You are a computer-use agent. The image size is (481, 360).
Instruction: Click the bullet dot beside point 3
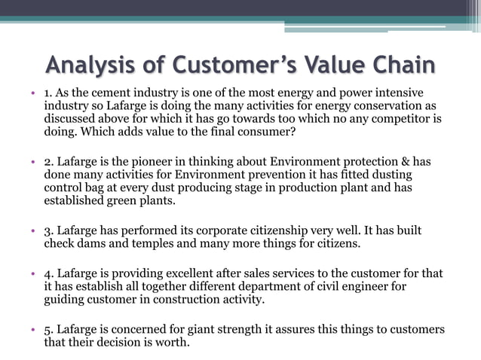[x=34, y=230]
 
